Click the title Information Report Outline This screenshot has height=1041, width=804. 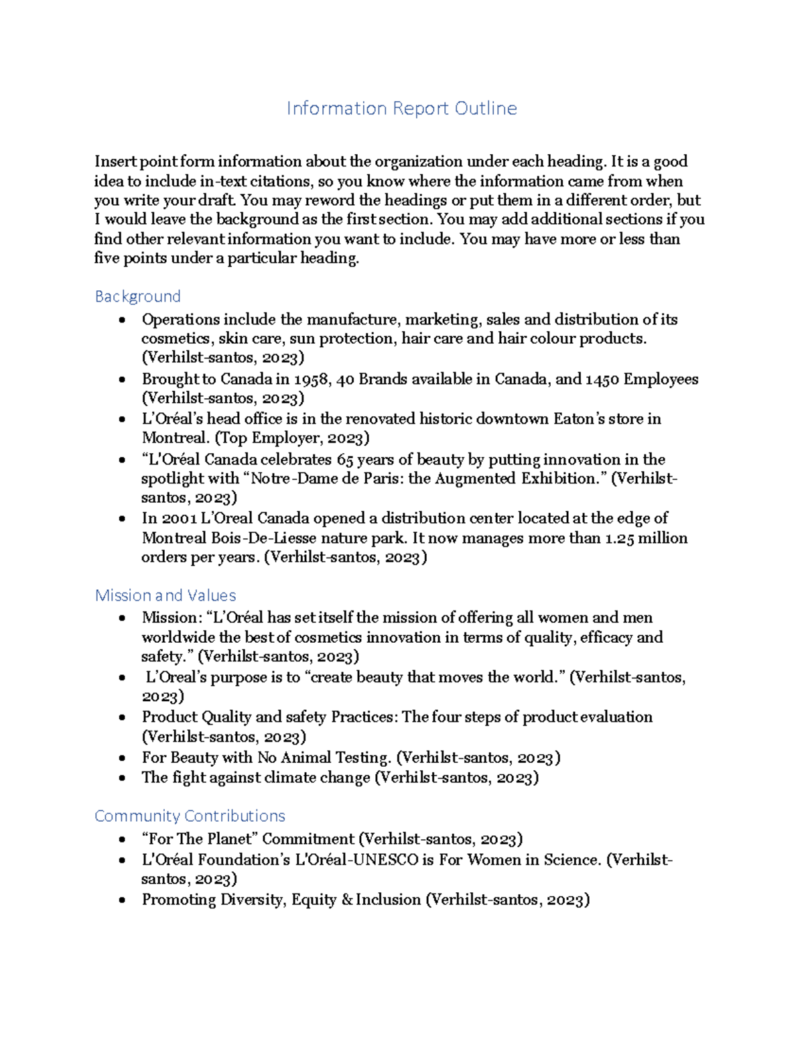[401, 108]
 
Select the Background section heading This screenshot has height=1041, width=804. [137, 296]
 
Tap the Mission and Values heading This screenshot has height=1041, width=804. [165, 595]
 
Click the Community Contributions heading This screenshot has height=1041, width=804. [190, 816]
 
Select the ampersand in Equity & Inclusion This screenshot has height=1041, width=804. [347, 900]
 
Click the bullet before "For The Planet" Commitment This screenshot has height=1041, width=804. [121, 840]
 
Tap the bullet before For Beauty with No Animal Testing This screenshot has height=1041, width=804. [121, 759]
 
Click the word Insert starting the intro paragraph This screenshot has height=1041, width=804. [115, 162]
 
